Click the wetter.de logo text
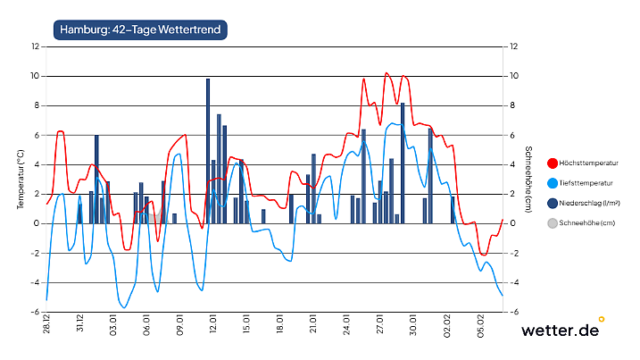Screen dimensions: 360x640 click(x=560, y=331)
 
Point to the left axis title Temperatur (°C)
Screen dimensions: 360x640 click(x=20, y=179)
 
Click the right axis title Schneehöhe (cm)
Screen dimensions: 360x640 click(x=528, y=179)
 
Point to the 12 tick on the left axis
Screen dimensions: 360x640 click(x=35, y=46)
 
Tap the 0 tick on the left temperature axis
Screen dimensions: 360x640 click(x=37, y=223)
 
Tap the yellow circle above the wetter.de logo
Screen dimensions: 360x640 click(x=602, y=318)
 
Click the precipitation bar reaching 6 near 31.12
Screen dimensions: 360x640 click(x=96, y=179)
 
